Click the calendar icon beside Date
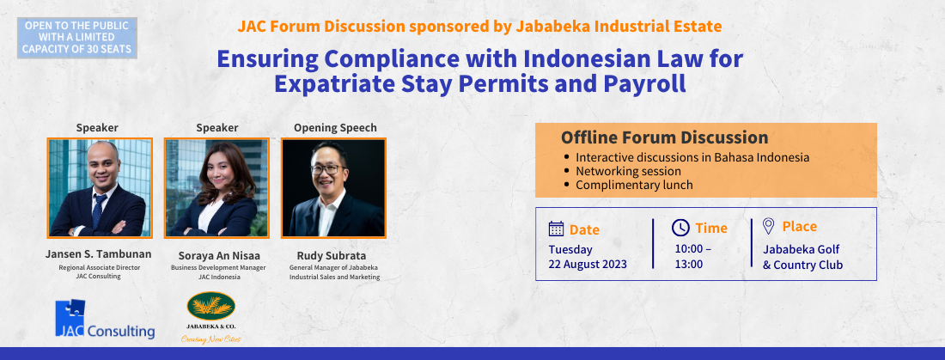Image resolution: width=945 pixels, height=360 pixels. click(x=557, y=229)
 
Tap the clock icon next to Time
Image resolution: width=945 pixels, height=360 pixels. click(x=680, y=228)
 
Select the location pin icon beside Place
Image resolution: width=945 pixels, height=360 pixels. click(x=768, y=226)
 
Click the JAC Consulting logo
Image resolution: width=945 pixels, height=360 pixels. click(x=105, y=320)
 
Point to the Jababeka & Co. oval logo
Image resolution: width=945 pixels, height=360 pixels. click(x=211, y=307)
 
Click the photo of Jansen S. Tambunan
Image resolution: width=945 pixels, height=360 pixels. click(x=100, y=187)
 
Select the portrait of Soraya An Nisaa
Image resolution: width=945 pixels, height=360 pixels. click(x=217, y=187)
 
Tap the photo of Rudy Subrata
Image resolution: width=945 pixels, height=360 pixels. click(x=334, y=187)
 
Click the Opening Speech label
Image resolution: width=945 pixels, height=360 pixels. click(x=335, y=128)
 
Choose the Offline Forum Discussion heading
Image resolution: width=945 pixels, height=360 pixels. click(x=664, y=137)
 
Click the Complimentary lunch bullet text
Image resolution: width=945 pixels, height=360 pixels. click(x=634, y=185)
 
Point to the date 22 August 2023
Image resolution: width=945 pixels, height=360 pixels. click(x=588, y=264)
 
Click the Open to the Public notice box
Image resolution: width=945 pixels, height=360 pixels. click(x=77, y=38)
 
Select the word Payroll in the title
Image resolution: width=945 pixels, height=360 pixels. click(x=645, y=84)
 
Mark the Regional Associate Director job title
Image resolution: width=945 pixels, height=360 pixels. click(x=100, y=267)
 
